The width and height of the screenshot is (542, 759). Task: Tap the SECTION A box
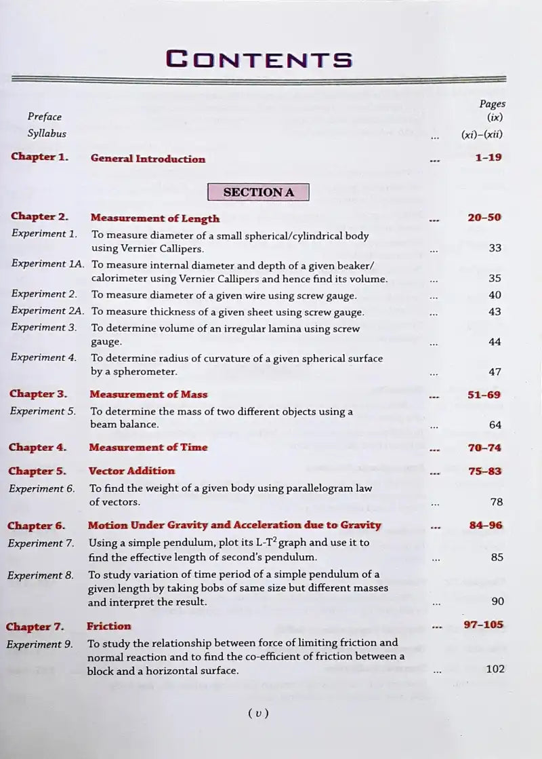point(258,192)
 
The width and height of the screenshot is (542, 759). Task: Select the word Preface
point(45,117)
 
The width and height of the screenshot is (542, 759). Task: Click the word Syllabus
point(47,134)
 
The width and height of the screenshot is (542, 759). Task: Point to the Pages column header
point(492,104)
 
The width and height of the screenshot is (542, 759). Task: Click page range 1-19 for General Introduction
point(488,157)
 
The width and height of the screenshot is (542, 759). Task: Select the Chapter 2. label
point(39,216)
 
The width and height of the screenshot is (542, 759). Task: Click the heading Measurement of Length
point(155,218)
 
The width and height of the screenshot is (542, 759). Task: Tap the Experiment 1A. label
point(47,263)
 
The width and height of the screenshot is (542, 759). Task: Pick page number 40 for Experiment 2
point(495,295)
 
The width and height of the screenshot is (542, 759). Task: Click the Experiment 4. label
point(43,357)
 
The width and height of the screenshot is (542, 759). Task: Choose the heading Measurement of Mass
point(148,394)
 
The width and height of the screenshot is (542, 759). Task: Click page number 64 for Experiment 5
point(495,425)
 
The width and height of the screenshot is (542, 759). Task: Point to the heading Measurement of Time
point(148,447)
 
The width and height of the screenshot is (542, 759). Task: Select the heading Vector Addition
point(131,471)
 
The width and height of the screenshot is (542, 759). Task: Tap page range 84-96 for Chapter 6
point(485,525)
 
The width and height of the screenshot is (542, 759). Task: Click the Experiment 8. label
point(40,575)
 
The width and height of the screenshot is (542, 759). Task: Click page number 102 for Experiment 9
point(495,669)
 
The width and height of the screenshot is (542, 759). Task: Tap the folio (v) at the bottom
point(259,713)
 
